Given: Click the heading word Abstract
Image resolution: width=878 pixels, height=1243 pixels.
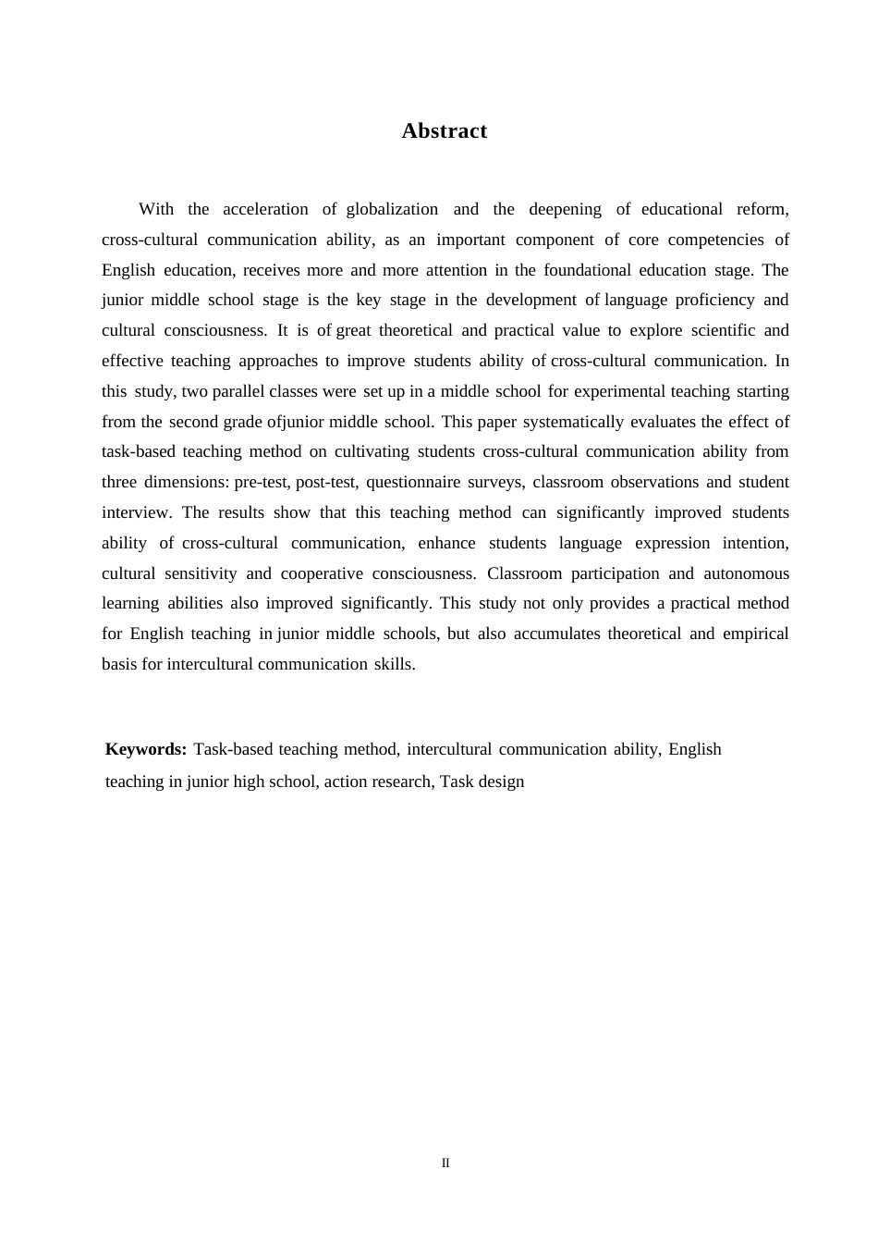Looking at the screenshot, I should point(444,131).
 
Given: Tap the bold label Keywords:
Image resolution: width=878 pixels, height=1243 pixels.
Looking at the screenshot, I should point(146,749).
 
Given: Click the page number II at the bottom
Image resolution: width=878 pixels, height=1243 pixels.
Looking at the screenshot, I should point(445,1163).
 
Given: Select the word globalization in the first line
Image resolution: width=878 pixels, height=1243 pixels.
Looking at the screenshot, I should point(392,209).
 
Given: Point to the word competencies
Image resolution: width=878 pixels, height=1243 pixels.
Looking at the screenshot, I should point(714,240).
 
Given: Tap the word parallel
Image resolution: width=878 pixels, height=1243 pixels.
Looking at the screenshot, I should point(238,391).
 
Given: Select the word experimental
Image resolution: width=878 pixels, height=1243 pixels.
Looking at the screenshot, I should point(619,391).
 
